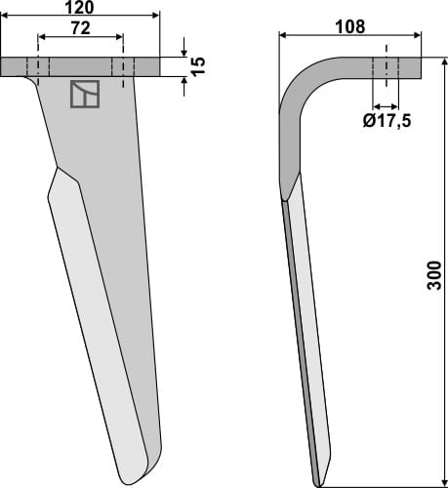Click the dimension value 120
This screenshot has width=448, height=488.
tap(80, 8)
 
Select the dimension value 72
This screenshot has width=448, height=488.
tap(80, 30)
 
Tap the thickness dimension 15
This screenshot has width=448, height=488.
tap(198, 66)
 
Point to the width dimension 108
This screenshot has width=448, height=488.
tap(350, 26)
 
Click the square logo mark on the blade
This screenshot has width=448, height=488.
tap(84, 94)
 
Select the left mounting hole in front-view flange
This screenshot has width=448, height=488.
tap(38, 66)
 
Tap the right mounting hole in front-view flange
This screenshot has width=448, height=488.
tap(123, 66)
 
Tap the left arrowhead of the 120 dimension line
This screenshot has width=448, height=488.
tap(6, 17)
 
